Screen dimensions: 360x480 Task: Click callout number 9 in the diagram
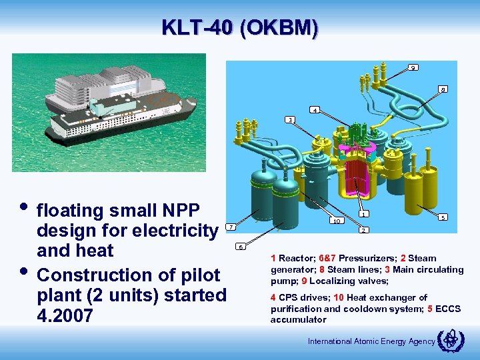[x=414, y=67]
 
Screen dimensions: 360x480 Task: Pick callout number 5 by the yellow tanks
[x=443, y=217]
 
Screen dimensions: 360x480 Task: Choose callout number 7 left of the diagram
[x=230, y=227]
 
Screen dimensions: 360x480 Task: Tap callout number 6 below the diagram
[x=241, y=247]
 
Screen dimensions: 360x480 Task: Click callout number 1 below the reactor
[x=363, y=214]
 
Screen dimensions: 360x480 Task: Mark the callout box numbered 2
[x=363, y=230]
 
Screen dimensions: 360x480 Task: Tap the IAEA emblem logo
[x=447, y=341]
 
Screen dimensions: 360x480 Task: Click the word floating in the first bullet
[x=74, y=211]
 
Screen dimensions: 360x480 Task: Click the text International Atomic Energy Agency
[x=371, y=341]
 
